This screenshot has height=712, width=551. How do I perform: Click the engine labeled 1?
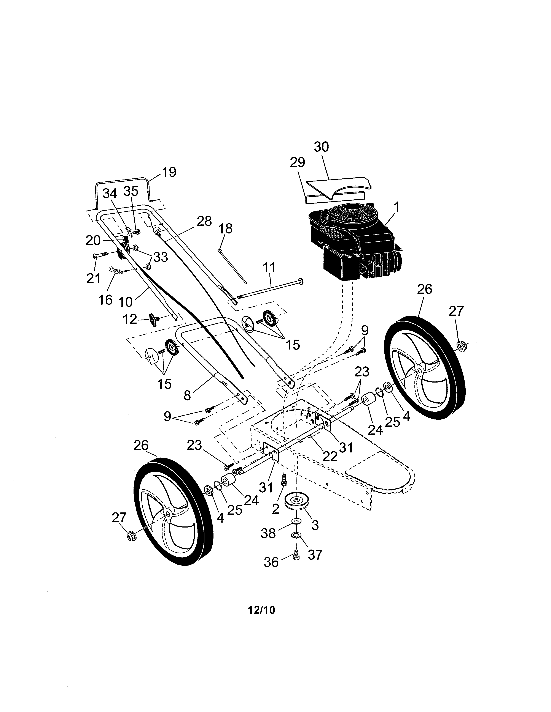click(x=356, y=241)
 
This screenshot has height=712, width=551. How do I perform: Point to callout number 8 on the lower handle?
click(x=187, y=395)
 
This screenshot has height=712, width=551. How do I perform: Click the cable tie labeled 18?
click(x=232, y=264)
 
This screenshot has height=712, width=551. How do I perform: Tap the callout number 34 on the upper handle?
click(x=110, y=194)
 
